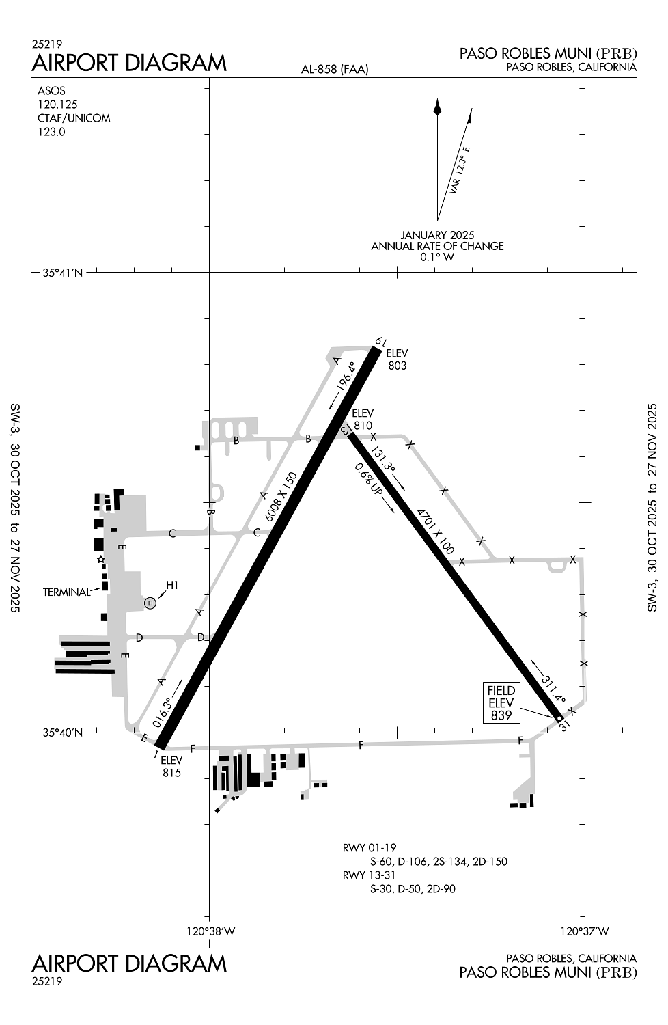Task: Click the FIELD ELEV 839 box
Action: tap(501, 702)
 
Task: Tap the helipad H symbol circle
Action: tap(150, 603)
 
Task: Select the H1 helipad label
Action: tap(172, 585)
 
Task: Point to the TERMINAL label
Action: tap(66, 592)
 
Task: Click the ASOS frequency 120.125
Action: tap(57, 105)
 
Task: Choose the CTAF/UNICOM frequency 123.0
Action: tap(51, 132)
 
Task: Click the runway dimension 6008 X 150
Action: tap(282, 497)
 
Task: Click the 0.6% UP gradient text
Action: tap(367, 479)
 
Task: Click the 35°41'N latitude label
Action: tap(62, 273)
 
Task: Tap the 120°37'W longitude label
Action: tap(584, 930)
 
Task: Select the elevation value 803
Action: tap(397, 366)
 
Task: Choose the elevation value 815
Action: tap(171, 773)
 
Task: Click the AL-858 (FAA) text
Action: tap(335, 69)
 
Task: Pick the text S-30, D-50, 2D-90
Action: tap(413, 889)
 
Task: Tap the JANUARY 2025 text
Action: tap(437, 235)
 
